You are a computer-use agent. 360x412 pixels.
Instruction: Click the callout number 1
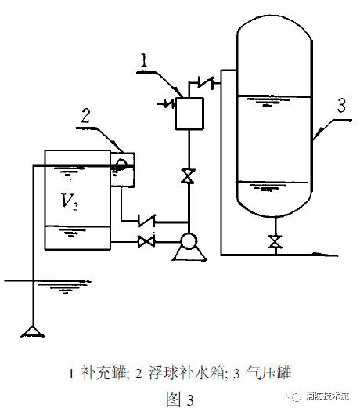point(144,60)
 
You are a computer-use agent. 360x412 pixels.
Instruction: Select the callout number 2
point(85,116)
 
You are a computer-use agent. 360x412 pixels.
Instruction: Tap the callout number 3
point(341,105)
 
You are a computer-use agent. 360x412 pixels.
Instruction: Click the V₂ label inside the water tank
point(70,201)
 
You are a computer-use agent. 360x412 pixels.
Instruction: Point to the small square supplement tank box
point(189,114)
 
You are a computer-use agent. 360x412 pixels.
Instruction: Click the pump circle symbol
point(189,241)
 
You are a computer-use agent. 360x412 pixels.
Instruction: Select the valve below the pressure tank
point(275,241)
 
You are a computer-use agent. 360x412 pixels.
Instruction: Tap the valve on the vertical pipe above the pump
point(188,175)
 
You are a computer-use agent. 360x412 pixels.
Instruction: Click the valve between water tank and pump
point(146,241)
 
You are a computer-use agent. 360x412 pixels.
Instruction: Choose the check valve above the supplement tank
point(206,82)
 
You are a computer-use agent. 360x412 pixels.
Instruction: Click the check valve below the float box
point(147,221)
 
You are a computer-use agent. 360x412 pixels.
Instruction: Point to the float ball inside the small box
point(121,164)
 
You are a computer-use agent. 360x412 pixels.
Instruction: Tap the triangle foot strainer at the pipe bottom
point(33,331)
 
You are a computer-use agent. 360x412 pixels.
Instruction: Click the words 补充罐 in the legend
point(104,373)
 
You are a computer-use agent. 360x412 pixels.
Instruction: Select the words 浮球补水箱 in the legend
point(186,373)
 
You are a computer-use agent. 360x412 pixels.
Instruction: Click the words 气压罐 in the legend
point(268,373)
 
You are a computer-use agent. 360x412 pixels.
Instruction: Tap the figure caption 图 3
point(180,399)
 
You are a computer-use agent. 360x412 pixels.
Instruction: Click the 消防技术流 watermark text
point(327,396)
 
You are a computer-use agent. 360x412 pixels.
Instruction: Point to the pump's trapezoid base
point(189,255)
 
